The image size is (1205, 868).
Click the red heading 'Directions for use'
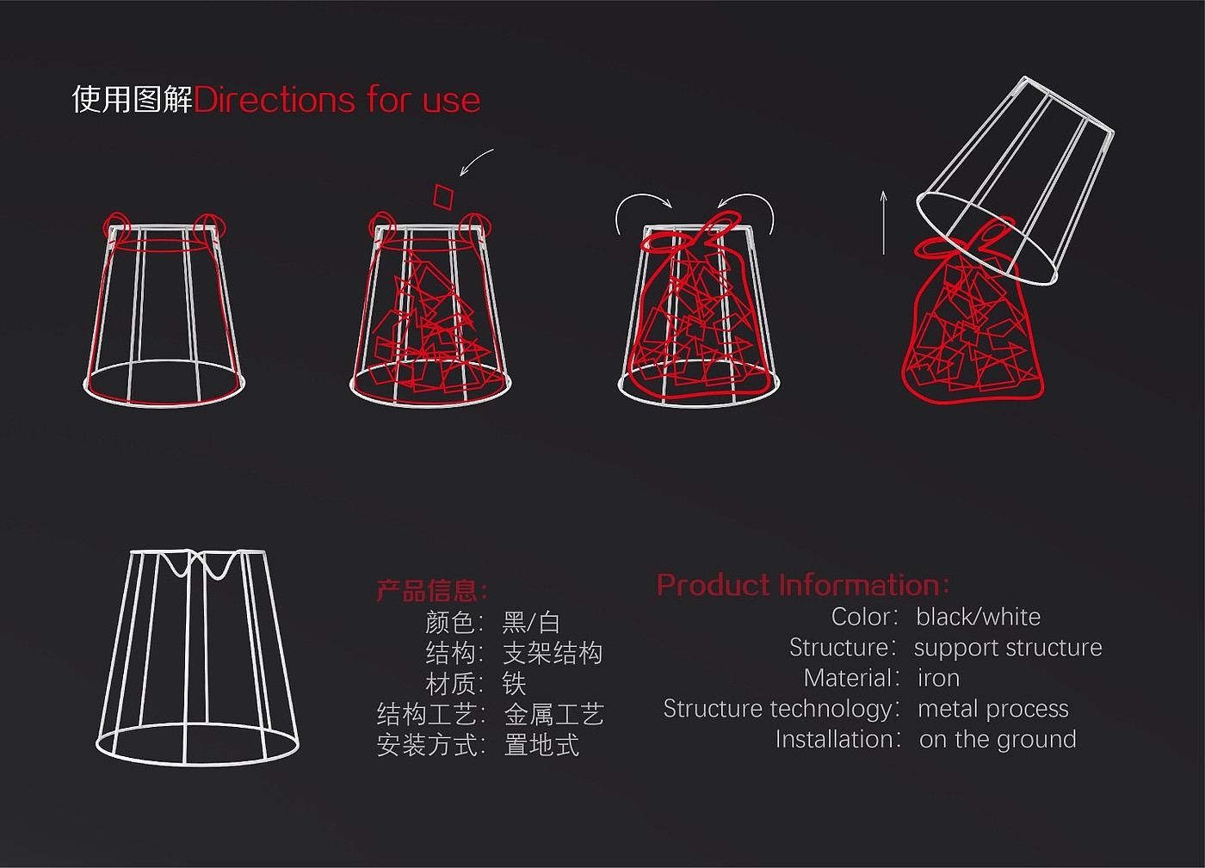tap(337, 100)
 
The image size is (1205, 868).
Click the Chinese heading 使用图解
tap(132, 99)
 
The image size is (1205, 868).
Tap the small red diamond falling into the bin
tap(443, 196)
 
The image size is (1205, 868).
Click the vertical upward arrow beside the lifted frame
tap(883, 223)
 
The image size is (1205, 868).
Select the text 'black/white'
tap(978, 617)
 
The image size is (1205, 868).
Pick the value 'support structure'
tap(1007, 648)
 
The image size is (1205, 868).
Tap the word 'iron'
tap(938, 679)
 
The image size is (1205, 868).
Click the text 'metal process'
tap(992, 709)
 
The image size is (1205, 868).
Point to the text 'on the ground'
tap(997, 740)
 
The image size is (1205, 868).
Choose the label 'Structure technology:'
tap(780, 709)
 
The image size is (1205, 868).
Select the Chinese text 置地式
tap(541, 745)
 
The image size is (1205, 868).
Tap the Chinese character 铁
tap(514, 684)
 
